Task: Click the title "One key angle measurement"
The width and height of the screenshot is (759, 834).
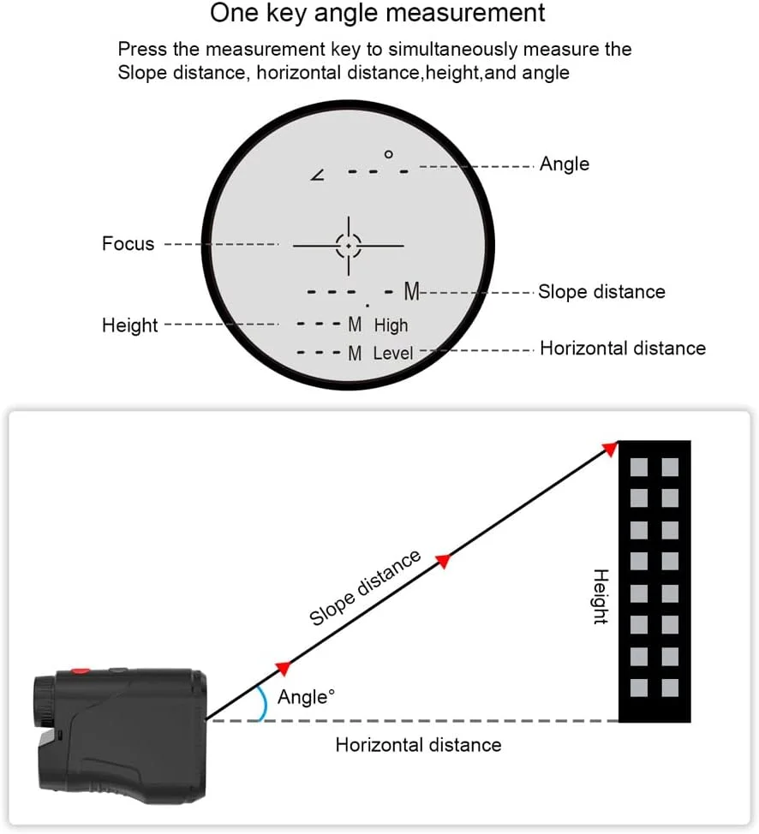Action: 378,15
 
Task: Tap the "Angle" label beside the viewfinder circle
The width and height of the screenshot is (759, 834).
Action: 564,164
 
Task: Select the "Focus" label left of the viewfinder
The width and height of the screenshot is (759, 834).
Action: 128,244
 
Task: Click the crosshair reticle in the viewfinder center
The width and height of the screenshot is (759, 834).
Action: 349,245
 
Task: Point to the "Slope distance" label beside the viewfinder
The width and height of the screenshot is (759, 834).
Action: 601,292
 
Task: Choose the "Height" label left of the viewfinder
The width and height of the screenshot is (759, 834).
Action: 129,325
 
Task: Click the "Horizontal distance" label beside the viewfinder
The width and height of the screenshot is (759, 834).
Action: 623,348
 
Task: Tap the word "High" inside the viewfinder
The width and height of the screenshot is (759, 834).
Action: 391,325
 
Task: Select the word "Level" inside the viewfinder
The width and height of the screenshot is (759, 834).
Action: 393,353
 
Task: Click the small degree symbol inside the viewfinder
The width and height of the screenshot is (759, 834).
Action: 388,154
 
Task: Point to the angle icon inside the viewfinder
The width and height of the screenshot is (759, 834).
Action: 319,175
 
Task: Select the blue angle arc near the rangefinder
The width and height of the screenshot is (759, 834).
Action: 264,704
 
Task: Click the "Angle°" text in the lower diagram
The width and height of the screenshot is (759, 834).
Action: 306,697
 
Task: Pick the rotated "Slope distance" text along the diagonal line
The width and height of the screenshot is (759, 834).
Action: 365,588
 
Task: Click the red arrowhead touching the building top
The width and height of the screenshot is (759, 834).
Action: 609,448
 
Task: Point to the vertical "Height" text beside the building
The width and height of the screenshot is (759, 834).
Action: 601,597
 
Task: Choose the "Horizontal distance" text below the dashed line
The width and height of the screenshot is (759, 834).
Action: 418,745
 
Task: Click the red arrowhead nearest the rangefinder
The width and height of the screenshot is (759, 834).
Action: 282,667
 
